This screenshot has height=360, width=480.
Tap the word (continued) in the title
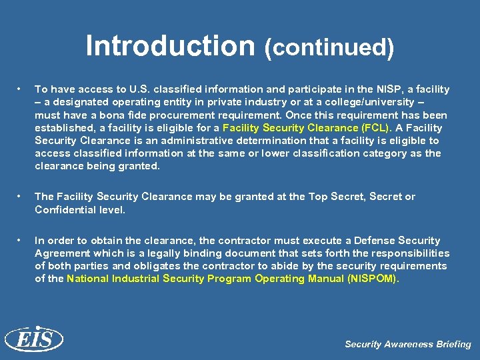(329, 48)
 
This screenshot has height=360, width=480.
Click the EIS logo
(33, 339)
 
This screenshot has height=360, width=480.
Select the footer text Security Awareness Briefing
(408, 345)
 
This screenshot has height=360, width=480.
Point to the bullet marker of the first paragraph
(21, 89)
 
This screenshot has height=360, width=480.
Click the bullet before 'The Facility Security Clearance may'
(21, 197)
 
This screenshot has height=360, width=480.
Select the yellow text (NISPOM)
(372, 279)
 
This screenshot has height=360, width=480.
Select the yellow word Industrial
(130, 279)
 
